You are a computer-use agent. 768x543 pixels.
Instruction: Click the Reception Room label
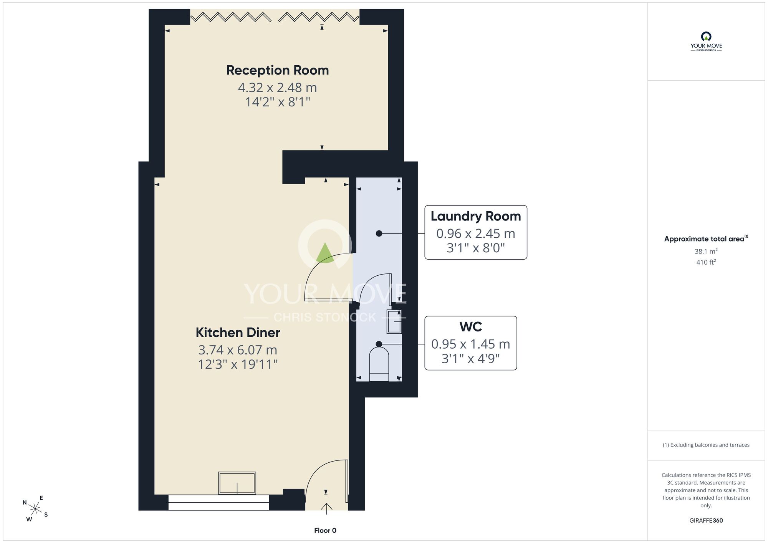pyautogui.click(x=277, y=70)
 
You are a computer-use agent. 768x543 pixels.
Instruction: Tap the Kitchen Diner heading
pyautogui.click(x=238, y=333)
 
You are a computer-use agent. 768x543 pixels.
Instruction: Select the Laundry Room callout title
pyautogui.click(x=475, y=217)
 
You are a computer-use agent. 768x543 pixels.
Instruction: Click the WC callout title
pyautogui.click(x=470, y=327)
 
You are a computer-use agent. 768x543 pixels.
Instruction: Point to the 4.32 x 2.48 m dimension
pyautogui.click(x=277, y=88)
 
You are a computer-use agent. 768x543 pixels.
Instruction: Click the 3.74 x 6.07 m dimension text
pyautogui.click(x=238, y=350)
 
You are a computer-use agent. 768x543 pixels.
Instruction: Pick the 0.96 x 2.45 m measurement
pyautogui.click(x=475, y=233)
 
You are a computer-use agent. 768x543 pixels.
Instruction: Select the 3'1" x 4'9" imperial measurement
pyautogui.click(x=470, y=359)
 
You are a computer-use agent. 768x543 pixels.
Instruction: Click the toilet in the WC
pyautogui.click(x=379, y=364)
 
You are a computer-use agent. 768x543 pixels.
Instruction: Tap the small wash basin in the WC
pyautogui.click(x=394, y=321)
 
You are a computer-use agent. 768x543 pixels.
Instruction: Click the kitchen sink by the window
pyautogui.click(x=237, y=483)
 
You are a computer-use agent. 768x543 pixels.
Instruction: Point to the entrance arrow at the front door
pyautogui.click(x=326, y=508)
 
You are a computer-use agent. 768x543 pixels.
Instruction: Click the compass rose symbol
pyautogui.click(x=35, y=509)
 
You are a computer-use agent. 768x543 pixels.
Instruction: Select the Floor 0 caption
pyautogui.click(x=325, y=530)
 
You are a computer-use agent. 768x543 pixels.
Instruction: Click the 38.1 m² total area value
pyautogui.click(x=706, y=251)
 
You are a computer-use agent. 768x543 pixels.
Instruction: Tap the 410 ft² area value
pyautogui.click(x=706, y=262)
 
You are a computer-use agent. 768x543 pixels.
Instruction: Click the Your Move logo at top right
pyautogui.click(x=706, y=41)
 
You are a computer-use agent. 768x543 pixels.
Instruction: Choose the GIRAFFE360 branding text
pyautogui.click(x=706, y=521)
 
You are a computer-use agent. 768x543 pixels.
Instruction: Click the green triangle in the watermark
pyautogui.click(x=325, y=253)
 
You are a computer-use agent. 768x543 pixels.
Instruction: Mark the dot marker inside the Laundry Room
pyautogui.click(x=379, y=233)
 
